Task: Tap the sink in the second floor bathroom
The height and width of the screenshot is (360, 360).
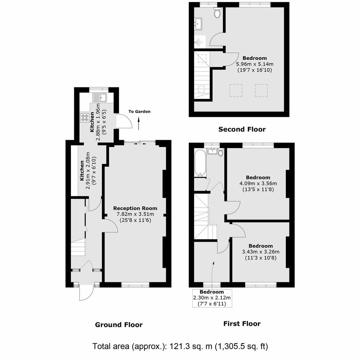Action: coord(198,23)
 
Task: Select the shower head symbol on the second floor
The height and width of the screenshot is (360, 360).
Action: coord(198,43)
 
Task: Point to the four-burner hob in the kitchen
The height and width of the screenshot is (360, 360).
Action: coord(85,118)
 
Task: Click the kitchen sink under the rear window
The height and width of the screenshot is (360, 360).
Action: coord(100,98)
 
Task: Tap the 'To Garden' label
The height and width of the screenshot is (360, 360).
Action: coord(139,111)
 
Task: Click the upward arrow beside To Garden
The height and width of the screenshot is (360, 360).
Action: coord(139,124)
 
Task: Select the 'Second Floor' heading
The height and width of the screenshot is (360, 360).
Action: coord(242,129)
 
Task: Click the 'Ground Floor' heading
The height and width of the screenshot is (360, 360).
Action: coord(119,325)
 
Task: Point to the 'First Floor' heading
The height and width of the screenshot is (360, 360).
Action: coord(242,324)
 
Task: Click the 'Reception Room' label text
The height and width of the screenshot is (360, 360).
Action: coord(135,208)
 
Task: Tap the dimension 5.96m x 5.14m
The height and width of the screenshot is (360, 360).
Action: coord(255,64)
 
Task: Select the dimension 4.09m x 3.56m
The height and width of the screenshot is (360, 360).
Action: coord(258,183)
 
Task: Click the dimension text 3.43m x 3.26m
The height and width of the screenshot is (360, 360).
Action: coord(260,252)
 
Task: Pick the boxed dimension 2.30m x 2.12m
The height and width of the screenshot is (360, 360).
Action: coord(212,298)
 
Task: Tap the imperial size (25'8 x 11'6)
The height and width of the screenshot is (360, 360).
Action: coord(135,220)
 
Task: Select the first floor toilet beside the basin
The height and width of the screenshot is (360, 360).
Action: coord(221,152)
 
